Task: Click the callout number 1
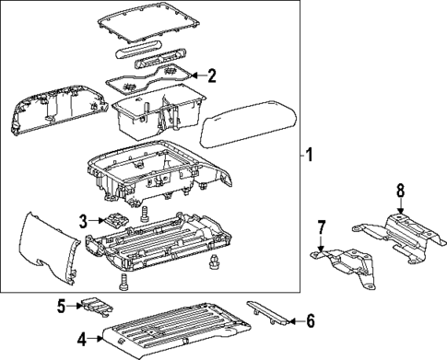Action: (x=310, y=155)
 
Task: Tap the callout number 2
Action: (x=211, y=75)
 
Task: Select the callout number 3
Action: (x=83, y=221)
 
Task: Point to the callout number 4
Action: (x=83, y=340)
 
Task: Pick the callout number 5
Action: (x=63, y=305)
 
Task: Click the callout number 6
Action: (x=311, y=320)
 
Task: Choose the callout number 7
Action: (x=322, y=226)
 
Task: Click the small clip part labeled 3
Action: (x=117, y=221)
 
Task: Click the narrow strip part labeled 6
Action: (x=266, y=311)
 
